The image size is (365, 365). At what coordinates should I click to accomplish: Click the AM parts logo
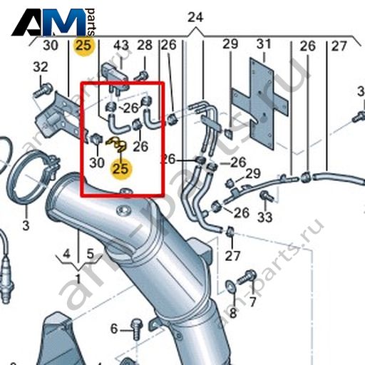[x=54, y=22]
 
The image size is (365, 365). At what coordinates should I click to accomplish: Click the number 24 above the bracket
[x=195, y=18]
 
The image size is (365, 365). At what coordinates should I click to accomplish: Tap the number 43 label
[x=121, y=45]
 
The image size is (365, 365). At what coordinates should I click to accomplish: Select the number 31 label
[x=264, y=44]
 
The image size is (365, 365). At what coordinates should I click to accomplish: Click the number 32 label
[x=41, y=67]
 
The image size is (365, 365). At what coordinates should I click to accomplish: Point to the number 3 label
[x=26, y=225]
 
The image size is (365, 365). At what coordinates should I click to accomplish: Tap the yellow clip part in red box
[x=117, y=145]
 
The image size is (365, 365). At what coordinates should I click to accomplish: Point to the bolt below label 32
[x=43, y=91]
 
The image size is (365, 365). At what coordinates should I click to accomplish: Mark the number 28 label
[x=145, y=45]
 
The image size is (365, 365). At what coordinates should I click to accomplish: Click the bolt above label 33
[x=265, y=196]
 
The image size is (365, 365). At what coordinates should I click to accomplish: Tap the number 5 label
[x=90, y=255]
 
